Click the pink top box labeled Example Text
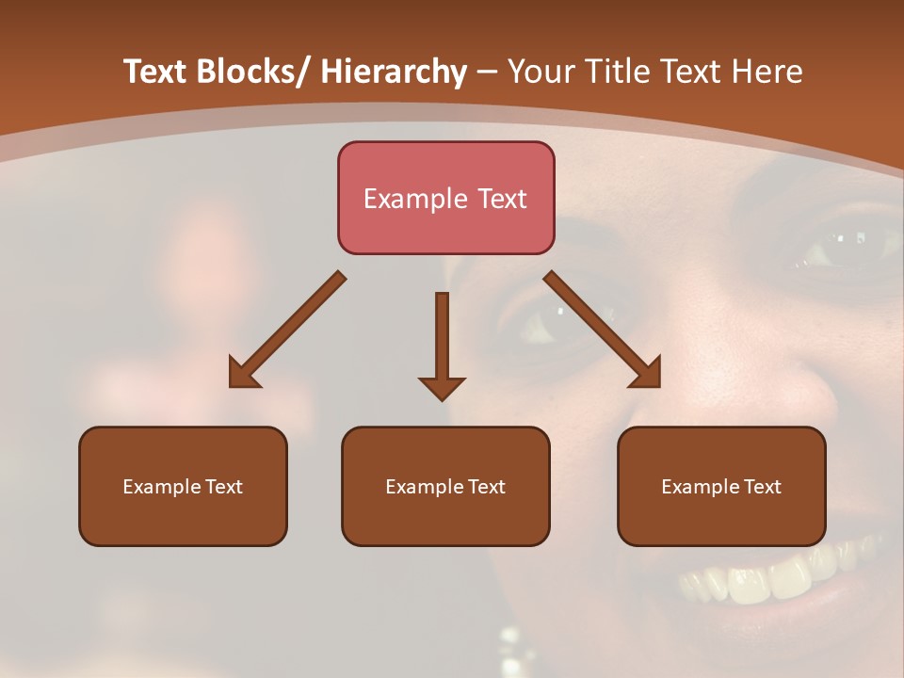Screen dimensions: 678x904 click(445, 198)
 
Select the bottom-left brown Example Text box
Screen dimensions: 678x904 click(183, 486)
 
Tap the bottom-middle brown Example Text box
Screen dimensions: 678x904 click(445, 486)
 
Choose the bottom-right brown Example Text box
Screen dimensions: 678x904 click(721, 486)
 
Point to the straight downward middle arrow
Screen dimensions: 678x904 click(442, 339)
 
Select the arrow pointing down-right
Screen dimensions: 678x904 click(603, 330)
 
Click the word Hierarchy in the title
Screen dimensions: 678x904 click(394, 72)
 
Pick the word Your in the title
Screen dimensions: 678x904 click(541, 72)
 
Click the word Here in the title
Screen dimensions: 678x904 click(769, 72)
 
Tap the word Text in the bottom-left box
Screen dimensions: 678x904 click(224, 487)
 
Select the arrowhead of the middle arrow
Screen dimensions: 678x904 click(442, 387)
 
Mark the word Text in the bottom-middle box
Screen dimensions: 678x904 click(487, 487)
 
